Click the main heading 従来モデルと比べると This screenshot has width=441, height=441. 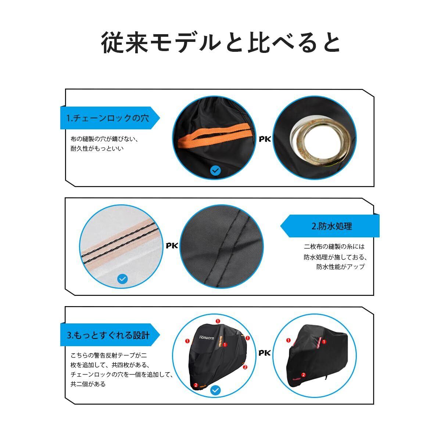point(220,43)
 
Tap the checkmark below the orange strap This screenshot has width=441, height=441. point(215,170)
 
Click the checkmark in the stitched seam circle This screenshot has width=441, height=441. point(122,279)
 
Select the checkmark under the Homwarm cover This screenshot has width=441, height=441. point(215,390)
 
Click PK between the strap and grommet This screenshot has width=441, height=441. point(265,139)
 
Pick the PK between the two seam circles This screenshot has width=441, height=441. point(172,246)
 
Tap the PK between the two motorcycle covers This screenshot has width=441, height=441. point(265,353)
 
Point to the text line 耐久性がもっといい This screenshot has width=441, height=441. point(97,148)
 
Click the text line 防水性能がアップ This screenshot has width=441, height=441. point(340,266)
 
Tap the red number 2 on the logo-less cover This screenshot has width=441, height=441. point(304,375)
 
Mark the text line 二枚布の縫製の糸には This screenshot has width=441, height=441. point(334,247)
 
